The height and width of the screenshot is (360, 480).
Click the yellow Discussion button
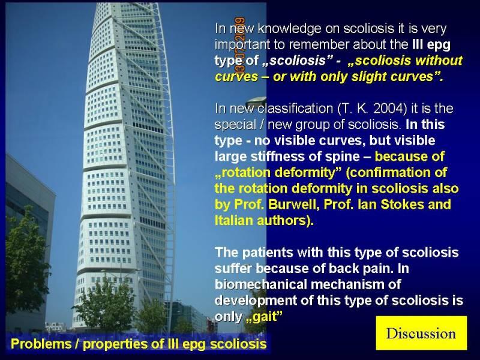point(422,333)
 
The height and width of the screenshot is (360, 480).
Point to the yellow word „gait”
point(263,317)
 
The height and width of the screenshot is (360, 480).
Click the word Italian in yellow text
point(234,220)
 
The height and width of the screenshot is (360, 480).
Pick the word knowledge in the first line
point(290,29)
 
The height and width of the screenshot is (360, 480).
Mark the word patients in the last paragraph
point(268,253)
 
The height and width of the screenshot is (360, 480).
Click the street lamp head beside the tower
point(256,101)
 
